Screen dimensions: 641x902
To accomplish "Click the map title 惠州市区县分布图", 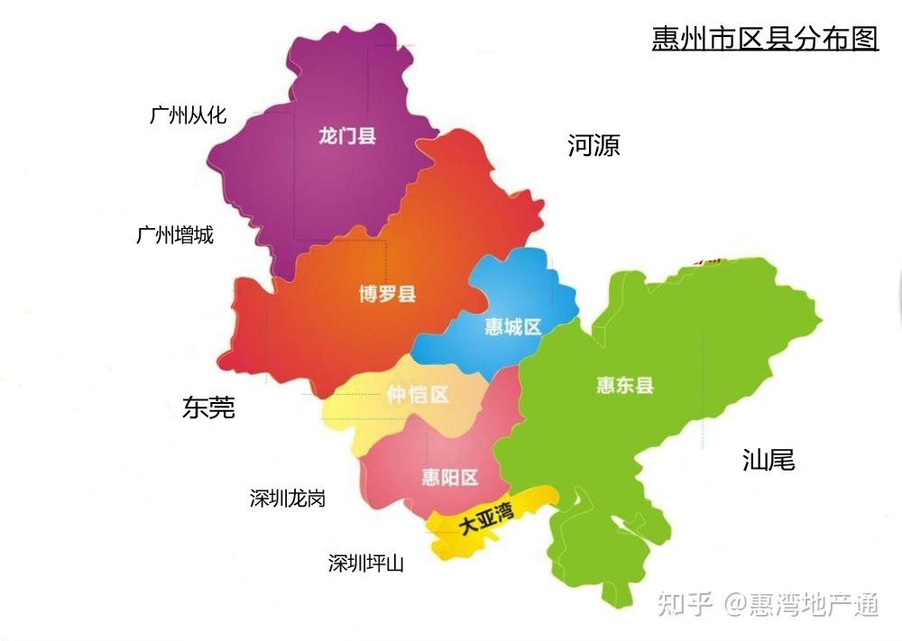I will [x=765, y=38].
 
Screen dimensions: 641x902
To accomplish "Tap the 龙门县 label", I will [x=347, y=137].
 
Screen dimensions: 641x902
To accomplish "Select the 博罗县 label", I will [x=387, y=294].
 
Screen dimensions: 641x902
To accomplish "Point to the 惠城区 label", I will [x=512, y=326].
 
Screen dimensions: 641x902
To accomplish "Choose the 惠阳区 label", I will [x=450, y=477].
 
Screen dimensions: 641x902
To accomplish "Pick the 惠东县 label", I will [x=624, y=386].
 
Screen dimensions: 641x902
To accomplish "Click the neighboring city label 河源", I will [x=594, y=145].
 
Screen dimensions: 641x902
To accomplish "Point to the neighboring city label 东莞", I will [x=208, y=407].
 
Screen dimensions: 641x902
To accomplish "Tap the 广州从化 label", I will [x=188, y=115].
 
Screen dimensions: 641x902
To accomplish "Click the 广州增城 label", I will [x=175, y=235].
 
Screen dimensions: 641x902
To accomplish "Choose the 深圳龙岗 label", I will [x=287, y=499].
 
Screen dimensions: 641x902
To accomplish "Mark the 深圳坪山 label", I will [x=366, y=564].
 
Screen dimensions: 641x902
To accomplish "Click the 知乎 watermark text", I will [x=686, y=604].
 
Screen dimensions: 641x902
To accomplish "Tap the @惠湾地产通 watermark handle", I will [x=801, y=604].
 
